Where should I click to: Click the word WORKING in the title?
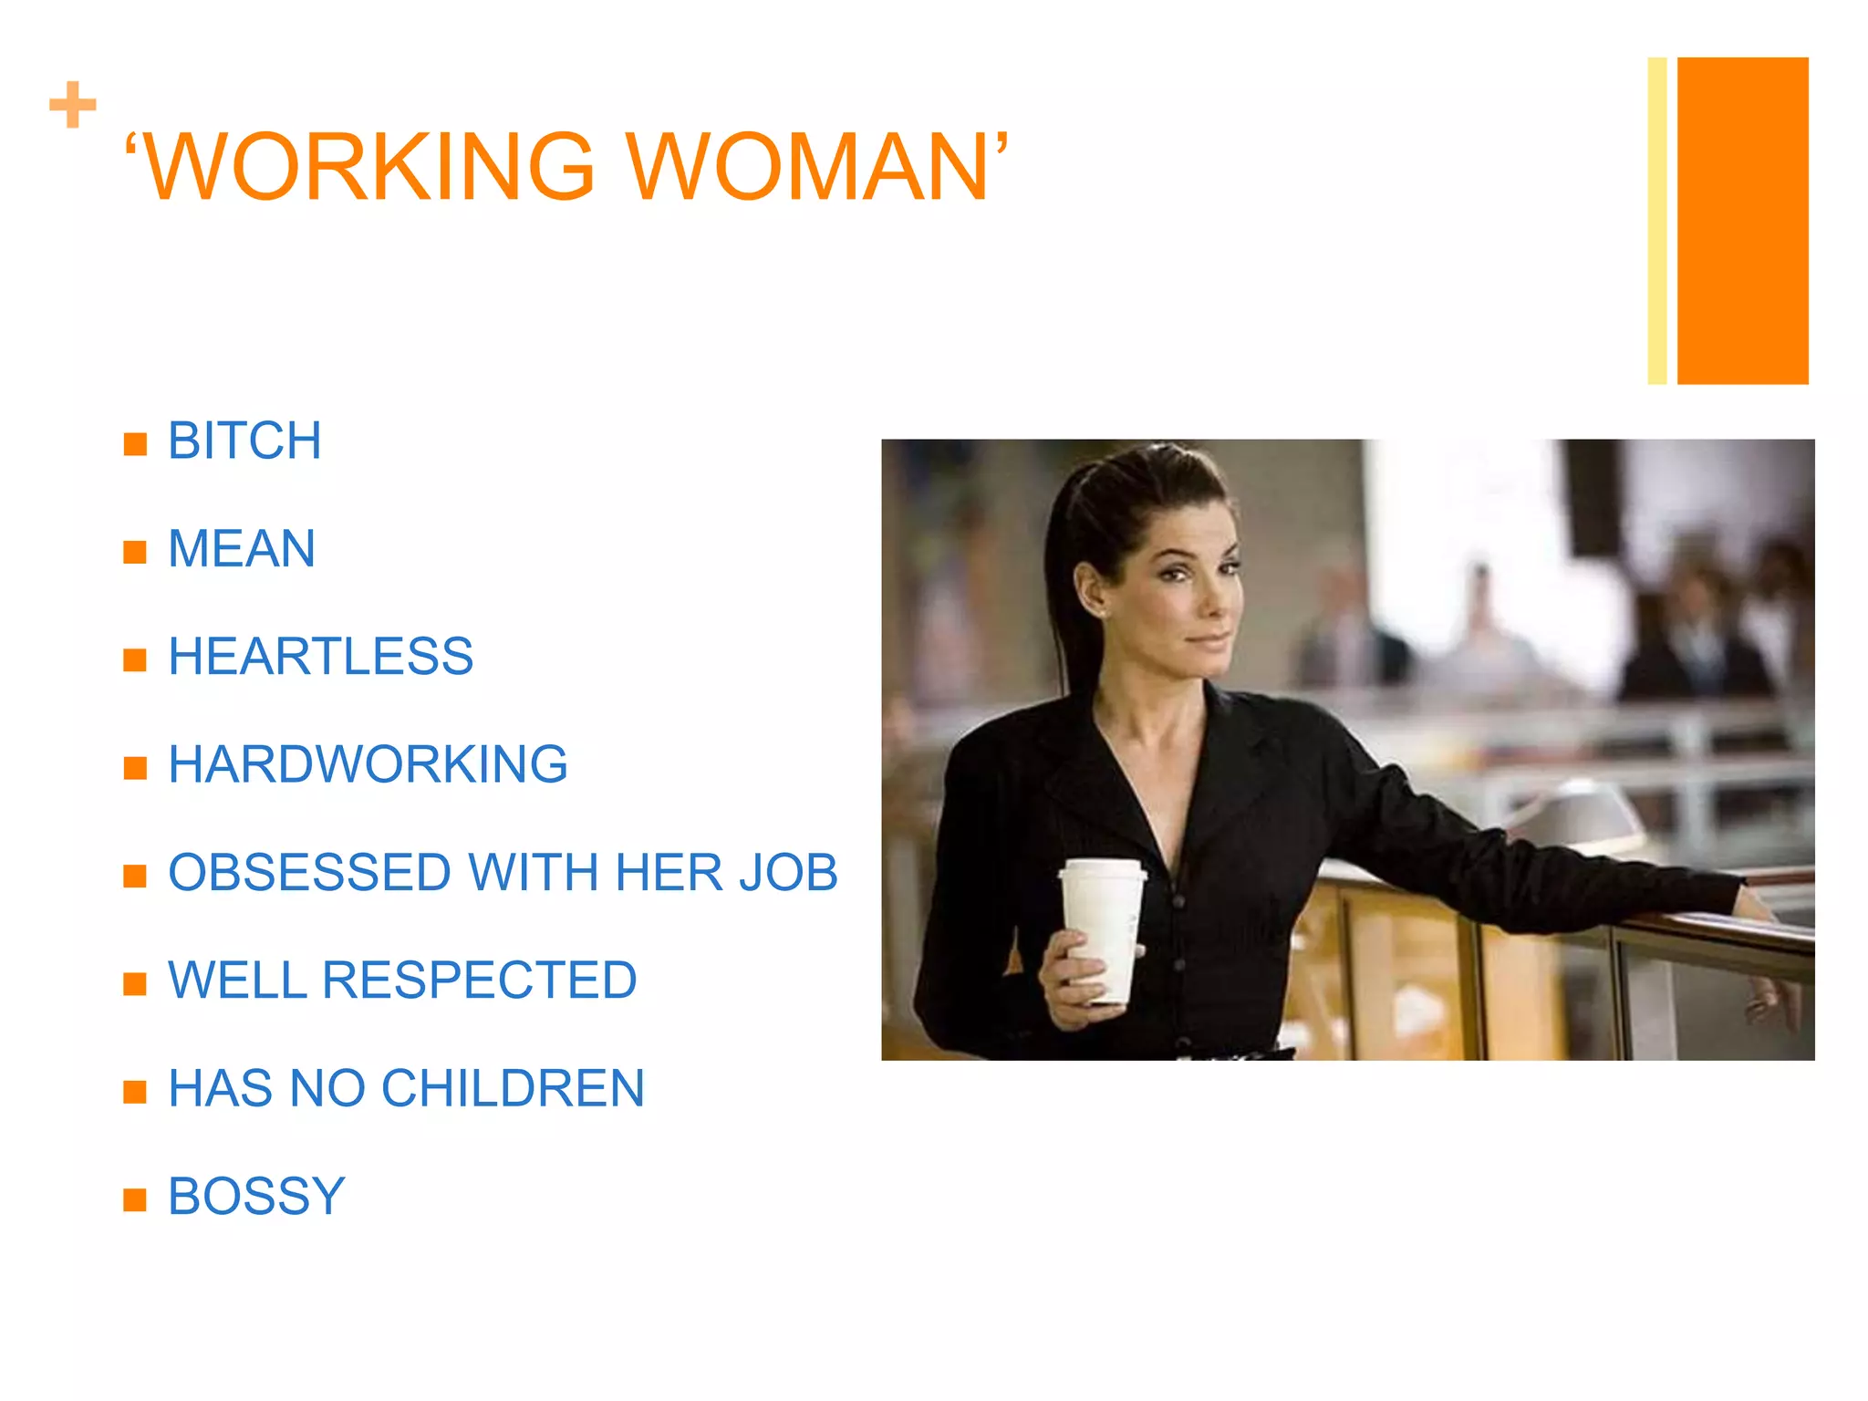(x=369, y=167)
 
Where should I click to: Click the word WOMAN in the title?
(x=807, y=167)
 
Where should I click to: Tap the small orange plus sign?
(x=73, y=105)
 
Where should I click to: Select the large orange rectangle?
(x=1742, y=221)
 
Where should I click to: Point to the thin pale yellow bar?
(x=1657, y=221)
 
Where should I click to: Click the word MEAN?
(x=242, y=549)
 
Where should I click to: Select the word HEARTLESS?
(x=320, y=657)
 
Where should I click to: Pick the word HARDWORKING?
(x=368, y=764)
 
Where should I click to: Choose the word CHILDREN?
(x=513, y=1088)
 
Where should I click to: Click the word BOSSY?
(x=256, y=1196)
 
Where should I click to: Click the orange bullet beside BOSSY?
(x=135, y=1199)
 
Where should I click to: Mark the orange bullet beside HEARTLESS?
(x=135, y=659)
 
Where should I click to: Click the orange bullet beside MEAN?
(x=135, y=552)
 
